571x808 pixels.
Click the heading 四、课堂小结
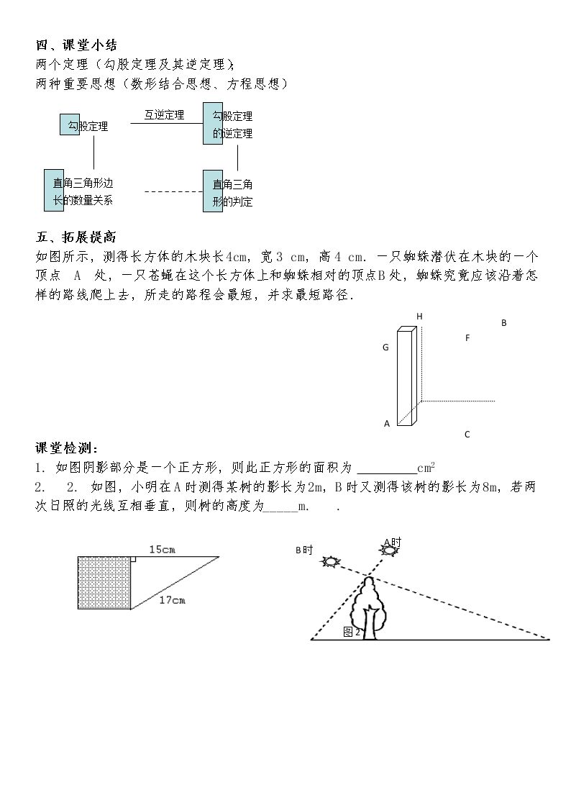(77, 45)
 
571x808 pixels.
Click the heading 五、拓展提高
(76, 237)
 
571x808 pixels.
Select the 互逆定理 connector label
(164, 115)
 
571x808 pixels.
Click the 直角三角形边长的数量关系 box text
(83, 191)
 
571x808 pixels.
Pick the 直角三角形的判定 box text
(233, 193)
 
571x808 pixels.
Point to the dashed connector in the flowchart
(173, 191)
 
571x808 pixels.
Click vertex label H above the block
(420, 317)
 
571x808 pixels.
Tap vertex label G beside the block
(385, 348)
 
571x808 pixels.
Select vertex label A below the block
(387, 424)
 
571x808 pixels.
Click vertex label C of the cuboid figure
(467, 435)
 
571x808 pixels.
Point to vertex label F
(467, 338)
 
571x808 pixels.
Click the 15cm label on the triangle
(163, 549)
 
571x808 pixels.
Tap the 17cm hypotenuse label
(172, 600)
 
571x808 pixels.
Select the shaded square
(104, 583)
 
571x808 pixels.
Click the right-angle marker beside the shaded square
(133, 559)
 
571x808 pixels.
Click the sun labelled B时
(329, 561)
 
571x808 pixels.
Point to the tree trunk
(370, 624)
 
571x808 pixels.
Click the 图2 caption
(352, 632)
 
